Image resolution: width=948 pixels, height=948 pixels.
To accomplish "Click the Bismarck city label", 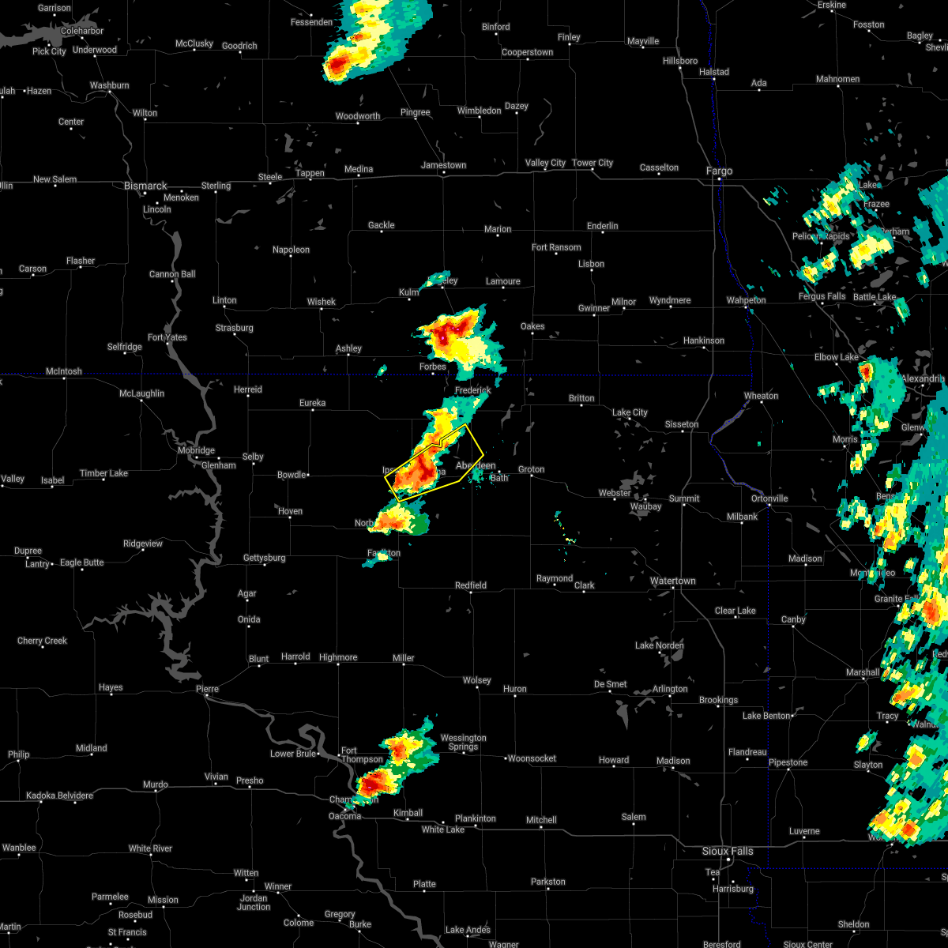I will [145, 186].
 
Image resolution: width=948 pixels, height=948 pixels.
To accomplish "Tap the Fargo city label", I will [719, 171].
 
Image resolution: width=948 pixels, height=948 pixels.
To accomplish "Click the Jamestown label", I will [443, 165].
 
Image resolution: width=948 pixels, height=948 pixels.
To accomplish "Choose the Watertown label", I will [672, 581].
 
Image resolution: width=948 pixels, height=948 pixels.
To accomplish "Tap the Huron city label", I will [514, 689].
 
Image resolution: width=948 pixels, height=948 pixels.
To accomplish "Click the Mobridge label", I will [195, 450].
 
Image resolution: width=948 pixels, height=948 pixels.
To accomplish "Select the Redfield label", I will [470, 585].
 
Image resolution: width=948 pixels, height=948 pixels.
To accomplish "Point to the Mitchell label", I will [541, 820].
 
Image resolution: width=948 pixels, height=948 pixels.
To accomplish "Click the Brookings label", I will [718, 700].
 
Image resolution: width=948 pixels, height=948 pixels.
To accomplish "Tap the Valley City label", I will [545, 163].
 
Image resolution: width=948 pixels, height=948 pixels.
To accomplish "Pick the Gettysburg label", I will [264, 558].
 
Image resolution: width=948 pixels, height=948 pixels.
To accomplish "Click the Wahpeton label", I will [746, 300].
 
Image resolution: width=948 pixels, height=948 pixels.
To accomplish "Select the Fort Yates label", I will [167, 337].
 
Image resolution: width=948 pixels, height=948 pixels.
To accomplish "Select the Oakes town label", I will [532, 327].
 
